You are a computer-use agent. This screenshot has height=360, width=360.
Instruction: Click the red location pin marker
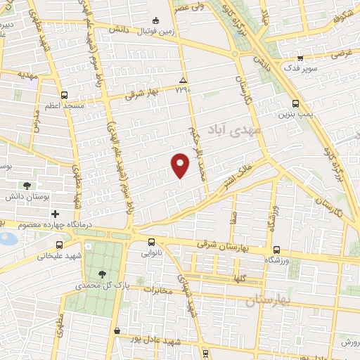181,165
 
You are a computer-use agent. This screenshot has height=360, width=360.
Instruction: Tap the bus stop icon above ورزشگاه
276,249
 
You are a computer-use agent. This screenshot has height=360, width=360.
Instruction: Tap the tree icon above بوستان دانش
27,186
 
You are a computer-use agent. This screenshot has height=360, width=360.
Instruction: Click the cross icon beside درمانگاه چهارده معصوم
55,212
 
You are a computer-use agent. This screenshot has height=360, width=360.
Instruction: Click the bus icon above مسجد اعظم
65,95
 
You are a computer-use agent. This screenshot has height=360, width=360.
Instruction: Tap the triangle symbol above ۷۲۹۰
183,80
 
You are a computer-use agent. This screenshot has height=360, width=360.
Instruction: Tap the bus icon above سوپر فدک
300,58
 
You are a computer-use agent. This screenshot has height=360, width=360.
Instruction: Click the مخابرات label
159,289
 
